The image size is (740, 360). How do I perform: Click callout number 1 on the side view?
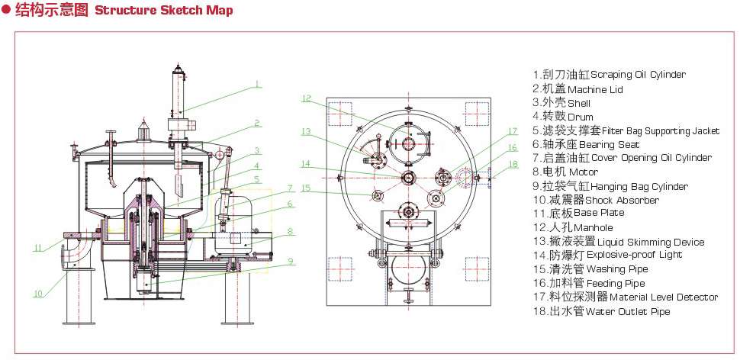(258, 84)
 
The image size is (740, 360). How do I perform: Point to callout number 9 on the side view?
(291, 261)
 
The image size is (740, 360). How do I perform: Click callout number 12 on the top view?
(306, 98)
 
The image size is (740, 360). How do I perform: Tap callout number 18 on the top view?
(513, 164)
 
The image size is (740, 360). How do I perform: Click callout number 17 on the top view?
(513, 130)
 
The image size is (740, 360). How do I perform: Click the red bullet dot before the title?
(6, 11)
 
